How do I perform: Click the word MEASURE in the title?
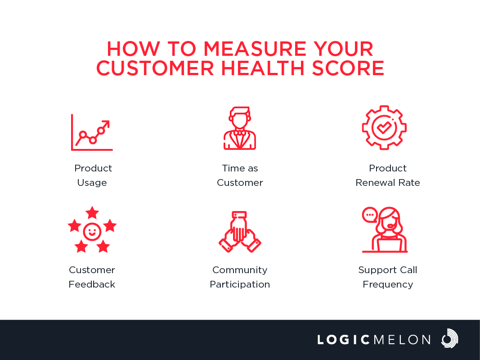(x=255, y=49)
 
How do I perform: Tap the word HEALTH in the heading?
(x=263, y=68)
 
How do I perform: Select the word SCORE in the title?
(x=348, y=68)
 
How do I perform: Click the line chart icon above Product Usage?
(x=92, y=132)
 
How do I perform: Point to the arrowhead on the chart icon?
(x=106, y=124)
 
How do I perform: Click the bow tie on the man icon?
(x=240, y=133)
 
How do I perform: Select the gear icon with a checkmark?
(x=384, y=128)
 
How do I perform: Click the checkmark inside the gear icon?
(x=384, y=127)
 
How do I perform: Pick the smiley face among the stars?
(x=92, y=232)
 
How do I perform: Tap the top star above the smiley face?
(x=92, y=212)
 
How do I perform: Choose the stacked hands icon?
(x=240, y=232)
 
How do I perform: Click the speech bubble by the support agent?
(x=370, y=215)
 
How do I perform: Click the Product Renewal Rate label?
(x=387, y=175)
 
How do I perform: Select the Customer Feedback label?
(x=92, y=277)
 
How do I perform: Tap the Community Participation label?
(x=240, y=277)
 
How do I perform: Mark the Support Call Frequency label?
(x=387, y=277)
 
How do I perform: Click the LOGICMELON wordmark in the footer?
(x=374, y=340)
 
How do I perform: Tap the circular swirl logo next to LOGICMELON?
(x=449, y=338)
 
